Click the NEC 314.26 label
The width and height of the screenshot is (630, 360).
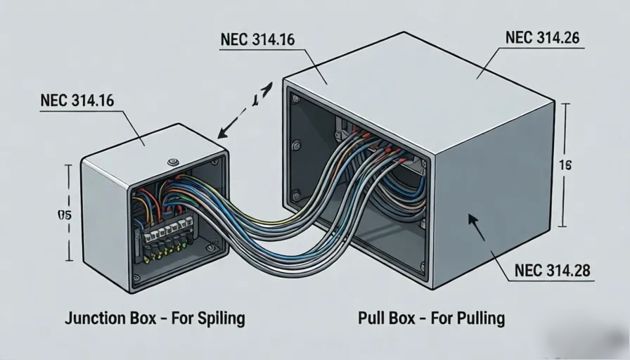(542, 39)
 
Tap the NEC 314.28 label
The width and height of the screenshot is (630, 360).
(552, 270)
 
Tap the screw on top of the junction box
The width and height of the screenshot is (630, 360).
(173, 162)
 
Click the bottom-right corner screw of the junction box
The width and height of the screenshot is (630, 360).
(212, 247)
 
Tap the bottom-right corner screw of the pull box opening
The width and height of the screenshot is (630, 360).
(422, 266)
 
